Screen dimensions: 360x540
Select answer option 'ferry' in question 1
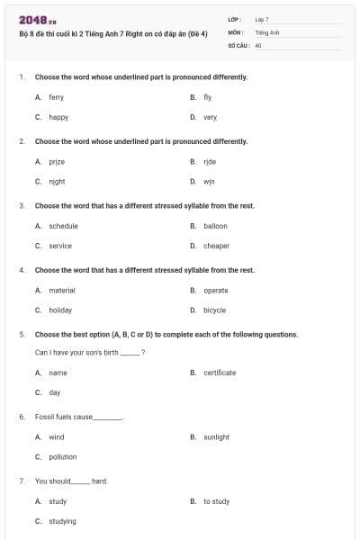(57, 96)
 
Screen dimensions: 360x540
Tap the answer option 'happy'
(58, 117)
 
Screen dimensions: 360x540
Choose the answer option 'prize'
(57, 161)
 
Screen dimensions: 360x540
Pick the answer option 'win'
(210, 181)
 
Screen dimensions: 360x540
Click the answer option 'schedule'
(63, 226)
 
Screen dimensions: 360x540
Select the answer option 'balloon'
(215, 226)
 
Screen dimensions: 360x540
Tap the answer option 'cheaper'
(216, 246)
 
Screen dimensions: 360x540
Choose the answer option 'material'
(62, 290)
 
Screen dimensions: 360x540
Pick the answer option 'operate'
(216, 290)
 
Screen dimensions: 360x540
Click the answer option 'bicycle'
(215, 310)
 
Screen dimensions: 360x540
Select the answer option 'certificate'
(220, 373)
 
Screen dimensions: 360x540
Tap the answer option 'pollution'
(63, 457)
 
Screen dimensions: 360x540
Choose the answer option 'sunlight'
(216, 437)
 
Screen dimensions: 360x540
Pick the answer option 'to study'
(216, 501)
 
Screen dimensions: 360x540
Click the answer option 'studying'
(62, 521)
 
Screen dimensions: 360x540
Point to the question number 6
(22, 418)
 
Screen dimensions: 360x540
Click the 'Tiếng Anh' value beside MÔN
(267, 31)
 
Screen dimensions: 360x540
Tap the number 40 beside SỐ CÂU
(258, 44)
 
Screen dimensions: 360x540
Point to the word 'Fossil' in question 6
(45, 418)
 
